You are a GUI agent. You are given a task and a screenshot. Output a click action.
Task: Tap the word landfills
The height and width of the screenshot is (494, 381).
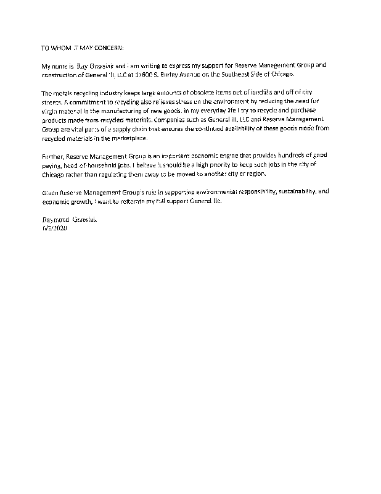276,91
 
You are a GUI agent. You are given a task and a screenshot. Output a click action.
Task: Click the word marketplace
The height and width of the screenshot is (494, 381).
125,135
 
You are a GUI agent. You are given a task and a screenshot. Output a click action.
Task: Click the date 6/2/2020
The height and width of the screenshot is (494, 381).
54,228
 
